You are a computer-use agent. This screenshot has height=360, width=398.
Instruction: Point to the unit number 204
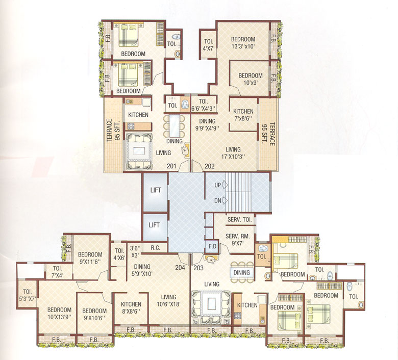tap(179, 267)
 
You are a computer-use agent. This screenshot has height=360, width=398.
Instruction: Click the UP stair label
tap(217, 185)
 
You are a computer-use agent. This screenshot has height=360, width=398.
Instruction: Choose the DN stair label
tap(217, 200)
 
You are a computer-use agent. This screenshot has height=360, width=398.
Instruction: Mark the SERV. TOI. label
tap(240, 219)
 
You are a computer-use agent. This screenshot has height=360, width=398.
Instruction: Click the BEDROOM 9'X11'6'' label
tap(91, 259)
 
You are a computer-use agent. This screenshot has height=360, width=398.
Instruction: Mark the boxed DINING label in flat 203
tap(241, 272)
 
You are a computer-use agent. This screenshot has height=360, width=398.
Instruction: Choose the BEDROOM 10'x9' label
tap(251, 80)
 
